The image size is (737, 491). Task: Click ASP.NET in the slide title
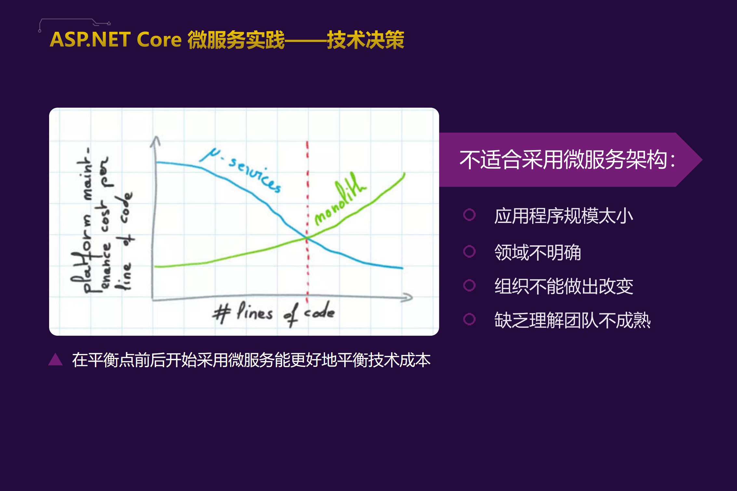[90, 40]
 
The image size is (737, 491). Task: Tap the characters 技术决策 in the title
[365, 40]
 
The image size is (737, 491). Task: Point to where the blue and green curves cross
[307, 238]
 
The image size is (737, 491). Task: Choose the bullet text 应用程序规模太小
[563, 216]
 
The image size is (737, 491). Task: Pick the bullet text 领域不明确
[537, 252]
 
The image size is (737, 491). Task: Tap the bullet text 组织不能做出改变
[563, 286]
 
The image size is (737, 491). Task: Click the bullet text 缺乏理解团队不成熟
[572, 320]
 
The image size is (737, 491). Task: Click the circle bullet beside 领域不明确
[469, 251]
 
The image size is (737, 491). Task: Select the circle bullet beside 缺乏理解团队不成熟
[469, 319]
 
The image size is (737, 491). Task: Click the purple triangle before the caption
[56, 359]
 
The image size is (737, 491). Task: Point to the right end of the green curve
[404, 174]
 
